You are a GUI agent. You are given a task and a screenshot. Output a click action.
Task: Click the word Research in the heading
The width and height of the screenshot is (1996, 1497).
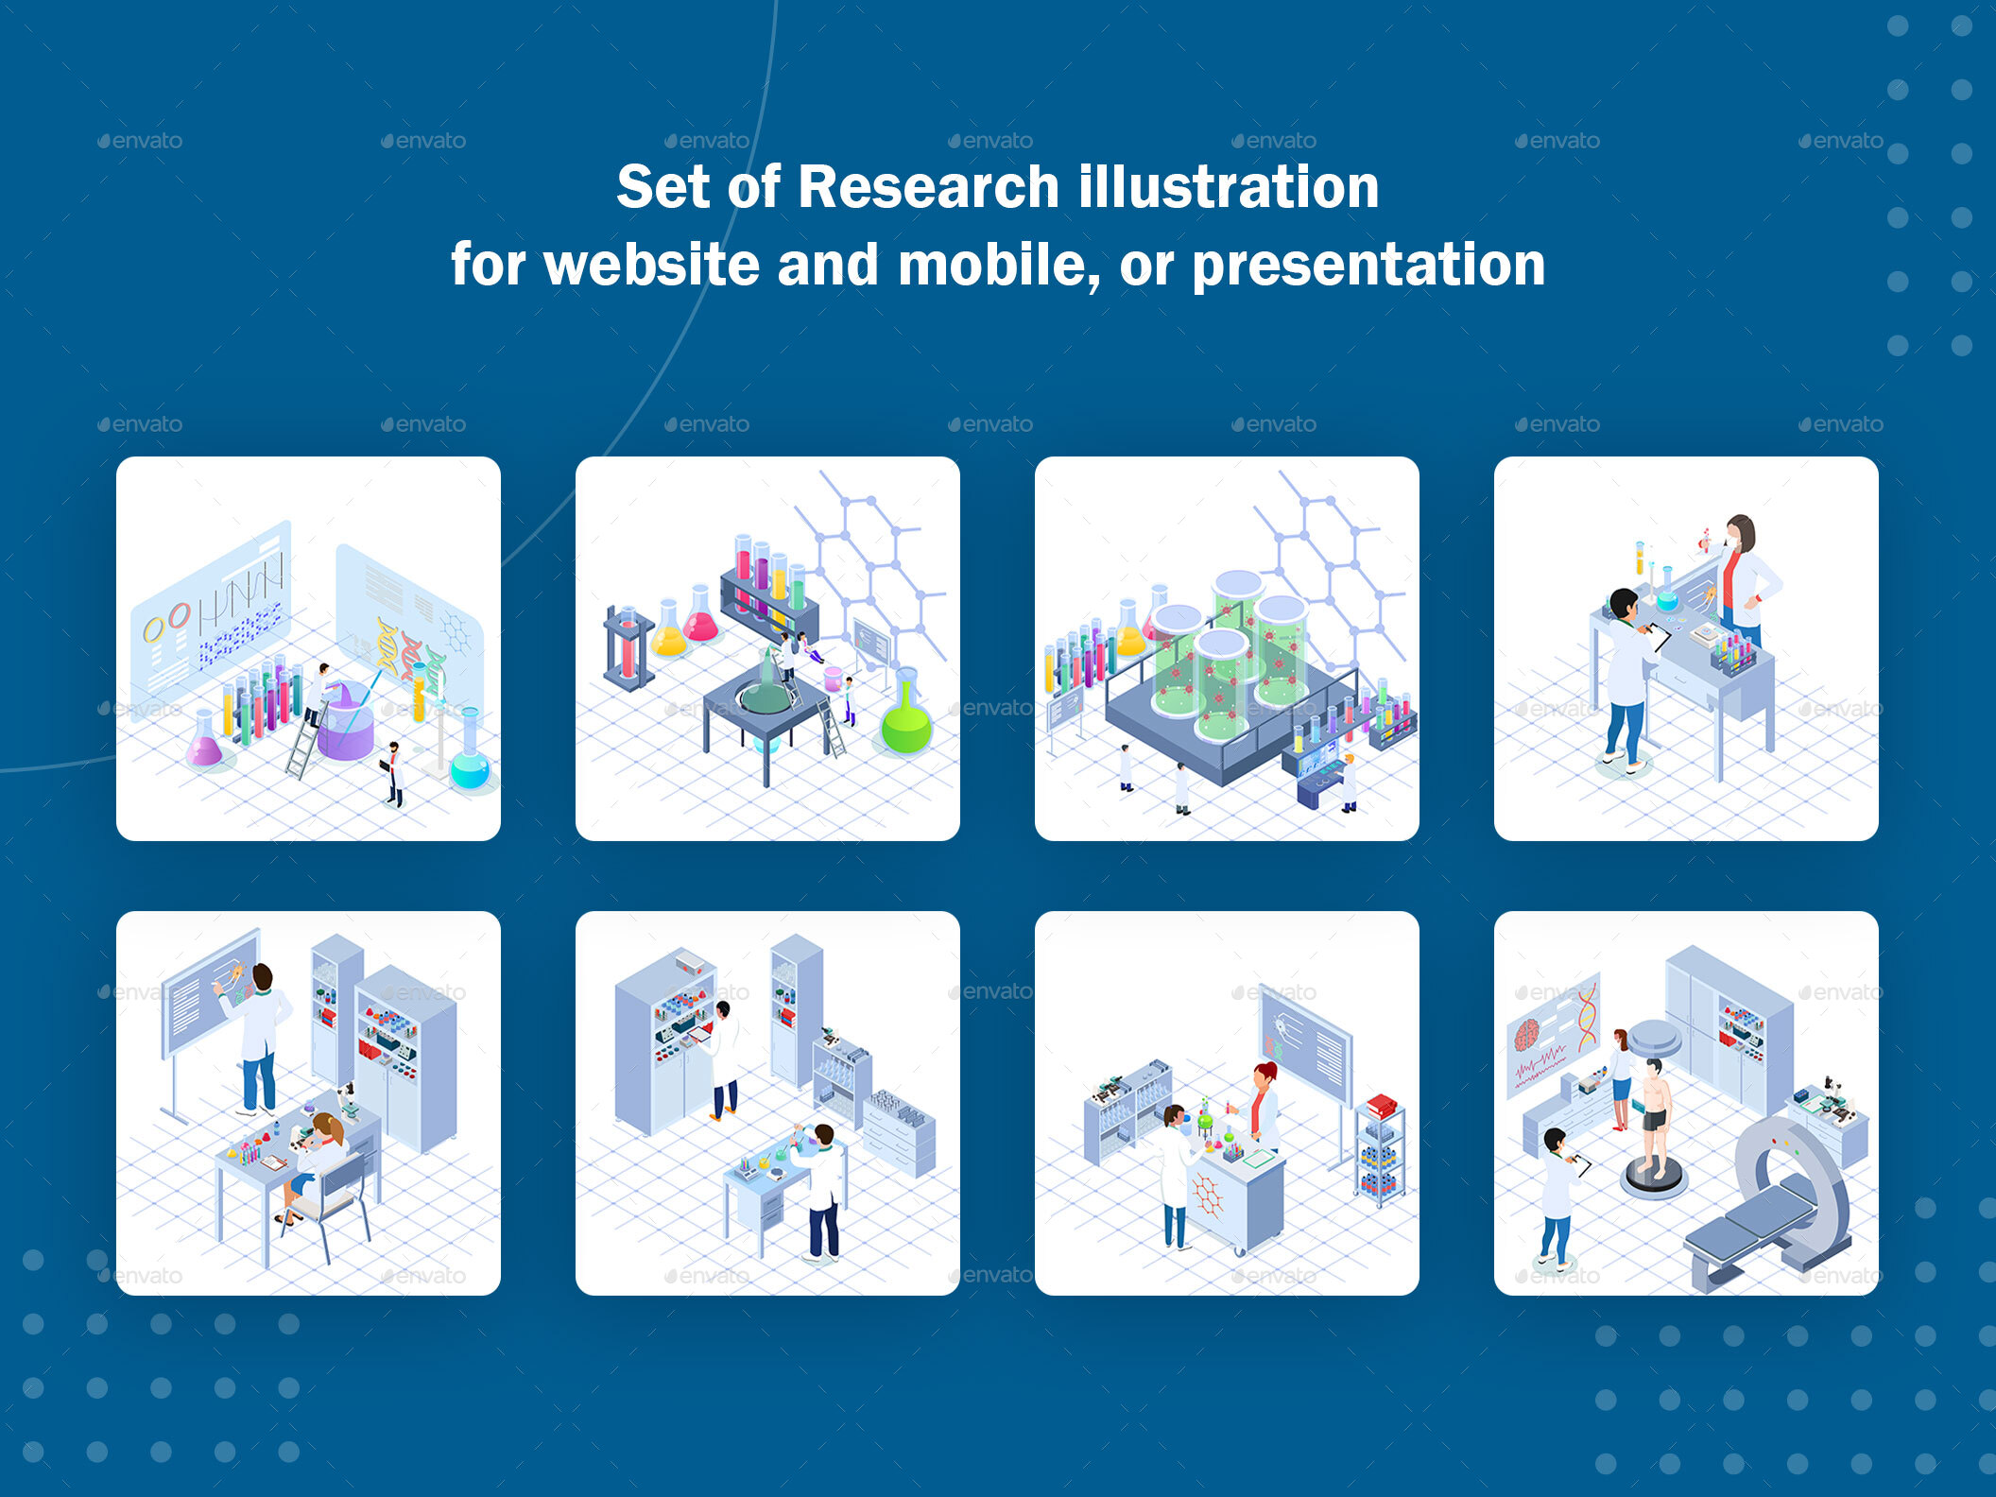[928, 187]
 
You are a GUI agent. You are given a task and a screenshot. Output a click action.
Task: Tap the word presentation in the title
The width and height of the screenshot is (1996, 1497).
[1368, 265]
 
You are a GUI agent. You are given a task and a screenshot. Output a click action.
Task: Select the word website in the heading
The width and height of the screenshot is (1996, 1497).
[651, 265]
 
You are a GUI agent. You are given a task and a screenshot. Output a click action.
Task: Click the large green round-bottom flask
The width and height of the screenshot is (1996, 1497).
[905, 723]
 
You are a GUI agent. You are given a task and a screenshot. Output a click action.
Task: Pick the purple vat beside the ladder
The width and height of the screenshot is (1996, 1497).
[346, 723]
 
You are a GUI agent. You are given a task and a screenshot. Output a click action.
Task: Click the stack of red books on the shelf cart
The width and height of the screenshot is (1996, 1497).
[1382, 1106]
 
